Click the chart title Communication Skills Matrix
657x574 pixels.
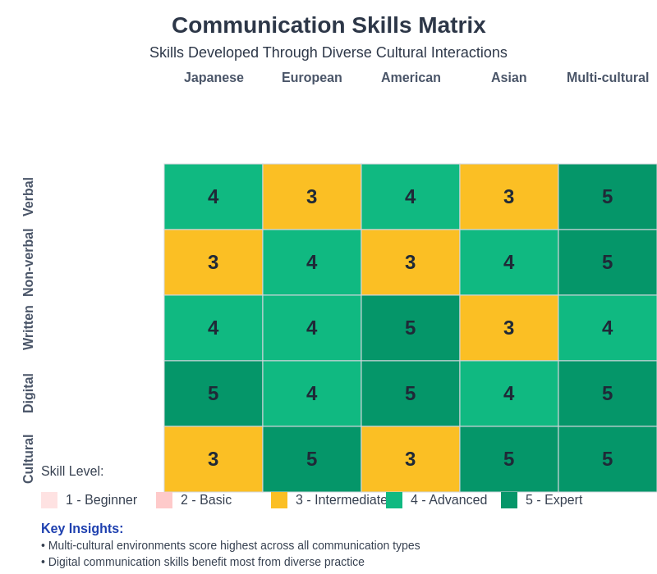point(328,25)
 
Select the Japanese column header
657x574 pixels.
point(214,78)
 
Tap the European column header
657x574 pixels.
point(312,78)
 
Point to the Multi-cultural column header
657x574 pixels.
point(608,78)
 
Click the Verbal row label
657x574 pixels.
point(29,197)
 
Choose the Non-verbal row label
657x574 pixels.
point(29,262)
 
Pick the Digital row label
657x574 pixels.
point(29,394)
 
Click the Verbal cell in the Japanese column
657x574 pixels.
point(214,197)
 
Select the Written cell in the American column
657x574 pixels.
point(411,328)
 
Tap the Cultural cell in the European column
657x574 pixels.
point(312,459)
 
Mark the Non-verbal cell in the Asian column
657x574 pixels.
point(509,262)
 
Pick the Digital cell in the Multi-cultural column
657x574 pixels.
point(608,394)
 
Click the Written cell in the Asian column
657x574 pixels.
point(509,328)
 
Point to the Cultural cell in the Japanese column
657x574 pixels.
point(214,459)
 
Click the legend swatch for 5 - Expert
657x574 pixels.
point(509,500)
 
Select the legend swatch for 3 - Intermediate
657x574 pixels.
point(279,500)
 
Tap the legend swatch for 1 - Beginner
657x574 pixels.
point(49,500)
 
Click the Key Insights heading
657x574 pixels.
point(82,529)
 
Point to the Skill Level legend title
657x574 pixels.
point(72,471)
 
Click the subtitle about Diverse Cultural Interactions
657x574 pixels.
point(328,52)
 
